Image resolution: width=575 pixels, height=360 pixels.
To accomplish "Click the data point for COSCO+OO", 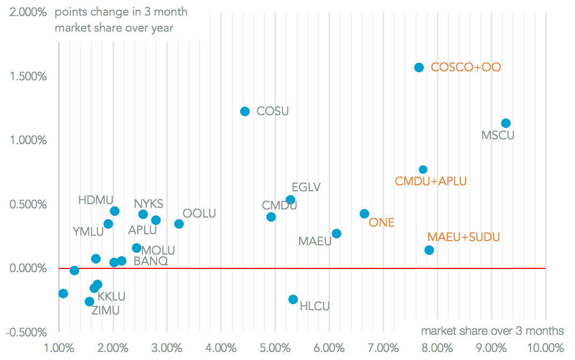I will click(419, 67).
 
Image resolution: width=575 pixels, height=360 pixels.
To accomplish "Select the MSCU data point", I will click(505, 123).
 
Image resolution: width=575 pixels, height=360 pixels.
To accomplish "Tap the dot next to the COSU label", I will click(245, 111).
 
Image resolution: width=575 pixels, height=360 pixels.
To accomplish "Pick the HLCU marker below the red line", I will click(293, 299).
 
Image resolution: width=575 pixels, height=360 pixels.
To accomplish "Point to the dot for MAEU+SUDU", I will click(429, 250).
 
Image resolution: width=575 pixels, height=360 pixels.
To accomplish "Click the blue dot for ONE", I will click(364, 214).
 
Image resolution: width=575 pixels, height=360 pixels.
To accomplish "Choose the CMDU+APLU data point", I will click(423, 169).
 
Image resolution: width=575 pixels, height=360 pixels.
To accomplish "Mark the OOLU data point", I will click(179, 224).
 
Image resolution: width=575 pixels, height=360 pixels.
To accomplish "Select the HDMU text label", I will click(96, 200).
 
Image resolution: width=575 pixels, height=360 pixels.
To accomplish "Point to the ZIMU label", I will click(106, 310).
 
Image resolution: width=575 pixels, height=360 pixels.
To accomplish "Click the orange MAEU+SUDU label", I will click(464, 237).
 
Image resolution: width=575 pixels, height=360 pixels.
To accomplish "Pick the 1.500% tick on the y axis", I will click(28, 76).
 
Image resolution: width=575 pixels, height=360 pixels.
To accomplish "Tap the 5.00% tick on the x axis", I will click(275, 348).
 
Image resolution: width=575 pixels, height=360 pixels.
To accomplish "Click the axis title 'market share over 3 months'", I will click(492, 331).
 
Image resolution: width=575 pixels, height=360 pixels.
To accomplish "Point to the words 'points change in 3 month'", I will click(121, 12).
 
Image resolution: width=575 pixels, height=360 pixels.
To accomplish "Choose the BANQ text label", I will click(151, 261).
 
